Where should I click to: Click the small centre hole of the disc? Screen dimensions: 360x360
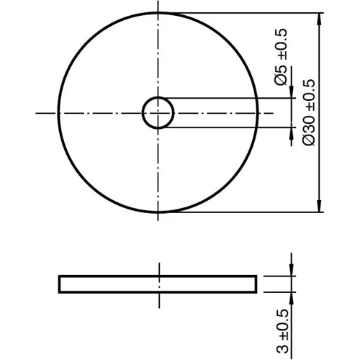tap(158, 113)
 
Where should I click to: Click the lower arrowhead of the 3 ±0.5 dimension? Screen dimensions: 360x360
tap(291, 297)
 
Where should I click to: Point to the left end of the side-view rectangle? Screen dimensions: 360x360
tap(60, 284)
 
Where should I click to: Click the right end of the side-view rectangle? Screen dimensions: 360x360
tap(256, 284)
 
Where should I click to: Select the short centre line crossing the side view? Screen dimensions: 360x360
tap(158, 283)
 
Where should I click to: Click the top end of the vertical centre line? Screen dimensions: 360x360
tap(158, 6)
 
